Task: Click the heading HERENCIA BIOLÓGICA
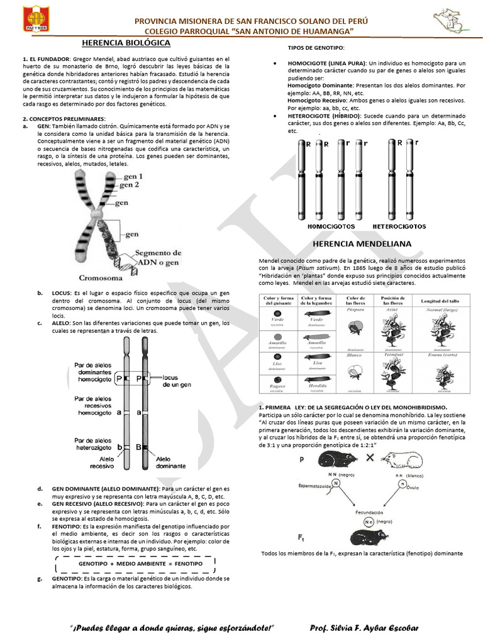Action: click(126, 43)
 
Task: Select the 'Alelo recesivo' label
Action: click(102, 464)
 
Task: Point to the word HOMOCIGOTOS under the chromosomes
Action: click(331, 226)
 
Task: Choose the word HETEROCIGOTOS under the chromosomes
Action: click(401, 226)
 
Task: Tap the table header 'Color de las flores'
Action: click(356, 301)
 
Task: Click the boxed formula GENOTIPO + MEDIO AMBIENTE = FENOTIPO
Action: click(136, 563)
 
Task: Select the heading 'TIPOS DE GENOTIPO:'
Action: click(316, 48)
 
